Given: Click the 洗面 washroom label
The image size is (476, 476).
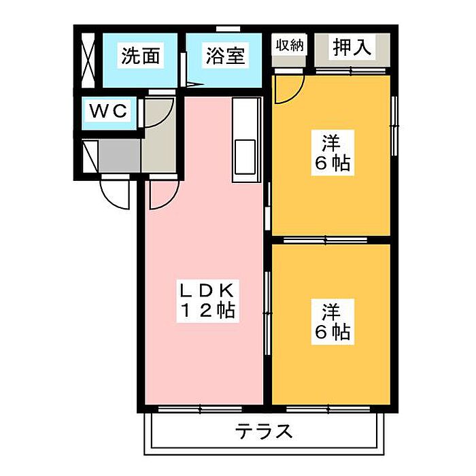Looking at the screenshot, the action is [141, 56].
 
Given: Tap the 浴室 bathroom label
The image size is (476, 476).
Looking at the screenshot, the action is [225, 56].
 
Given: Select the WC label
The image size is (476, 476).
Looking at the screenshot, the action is [108, 110].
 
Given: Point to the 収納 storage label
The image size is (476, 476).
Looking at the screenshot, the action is [290, 46].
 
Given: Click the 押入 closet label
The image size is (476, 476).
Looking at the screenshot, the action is [352, 47].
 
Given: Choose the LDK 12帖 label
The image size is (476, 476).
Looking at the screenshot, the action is [208, 301].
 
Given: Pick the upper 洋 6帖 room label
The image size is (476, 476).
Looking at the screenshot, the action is [333, 153].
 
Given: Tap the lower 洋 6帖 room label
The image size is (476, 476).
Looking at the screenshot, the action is [333, 322].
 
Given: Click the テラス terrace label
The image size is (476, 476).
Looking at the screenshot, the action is [264, 431].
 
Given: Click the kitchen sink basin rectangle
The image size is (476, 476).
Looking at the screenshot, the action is [245, 157].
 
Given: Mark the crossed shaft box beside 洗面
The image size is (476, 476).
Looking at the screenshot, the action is [88, 60].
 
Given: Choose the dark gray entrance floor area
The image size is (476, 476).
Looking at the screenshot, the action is [119, 156].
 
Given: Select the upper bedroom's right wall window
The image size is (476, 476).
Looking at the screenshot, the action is [394, 126].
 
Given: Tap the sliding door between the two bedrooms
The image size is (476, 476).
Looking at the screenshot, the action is [326, 240].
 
